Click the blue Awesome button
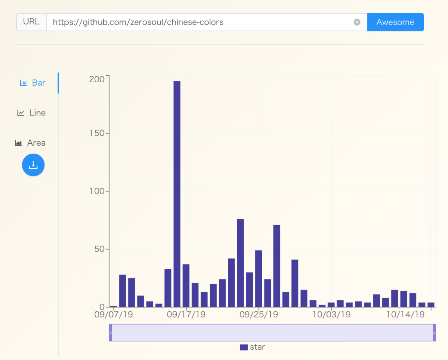(395, 22)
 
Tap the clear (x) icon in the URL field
(357, 22)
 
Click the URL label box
(32, 22)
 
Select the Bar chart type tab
(33, 83)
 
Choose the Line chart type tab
(32, 113)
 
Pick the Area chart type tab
(31, 143)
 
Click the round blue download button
(33, 165)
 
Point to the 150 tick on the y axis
(97, 133)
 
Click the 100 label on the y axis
(97, 191)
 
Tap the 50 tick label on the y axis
(100, 249)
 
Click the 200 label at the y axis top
(97, 79)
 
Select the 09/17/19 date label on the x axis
(186, 315)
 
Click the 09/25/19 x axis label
(259, 315)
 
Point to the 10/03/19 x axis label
(332, 315)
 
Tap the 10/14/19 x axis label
(405, 315)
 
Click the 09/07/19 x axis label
(113, 315)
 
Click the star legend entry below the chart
(253, 347)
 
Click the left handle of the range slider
(111, 332)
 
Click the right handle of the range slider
(434, 332)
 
